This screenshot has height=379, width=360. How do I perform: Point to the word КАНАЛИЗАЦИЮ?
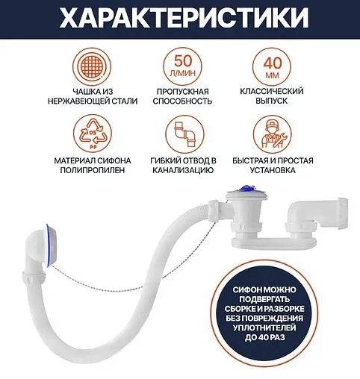click(180, 171)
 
